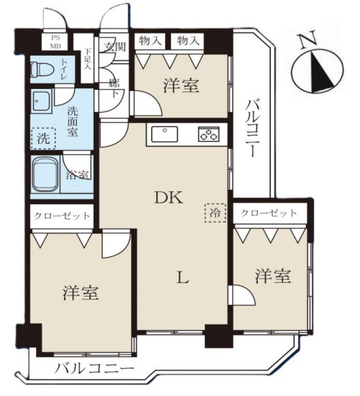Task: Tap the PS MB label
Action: (55, 42)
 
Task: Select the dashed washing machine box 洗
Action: (44, 138)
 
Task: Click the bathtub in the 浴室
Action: (46, 175)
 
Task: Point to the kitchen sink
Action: (165, 134)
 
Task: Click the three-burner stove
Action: (208, 134)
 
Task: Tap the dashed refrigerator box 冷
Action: (215, 213)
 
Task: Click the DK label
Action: (168, 198)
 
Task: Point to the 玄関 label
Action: (115, 47)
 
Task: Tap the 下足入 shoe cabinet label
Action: (87, 60)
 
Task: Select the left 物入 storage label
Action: (150, 41)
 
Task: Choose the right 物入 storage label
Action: (187, 41)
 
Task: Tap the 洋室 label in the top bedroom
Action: (181, 85)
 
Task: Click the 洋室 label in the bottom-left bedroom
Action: (81, 292)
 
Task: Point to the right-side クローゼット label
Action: (268, 213)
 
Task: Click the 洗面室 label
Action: (72, 122)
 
